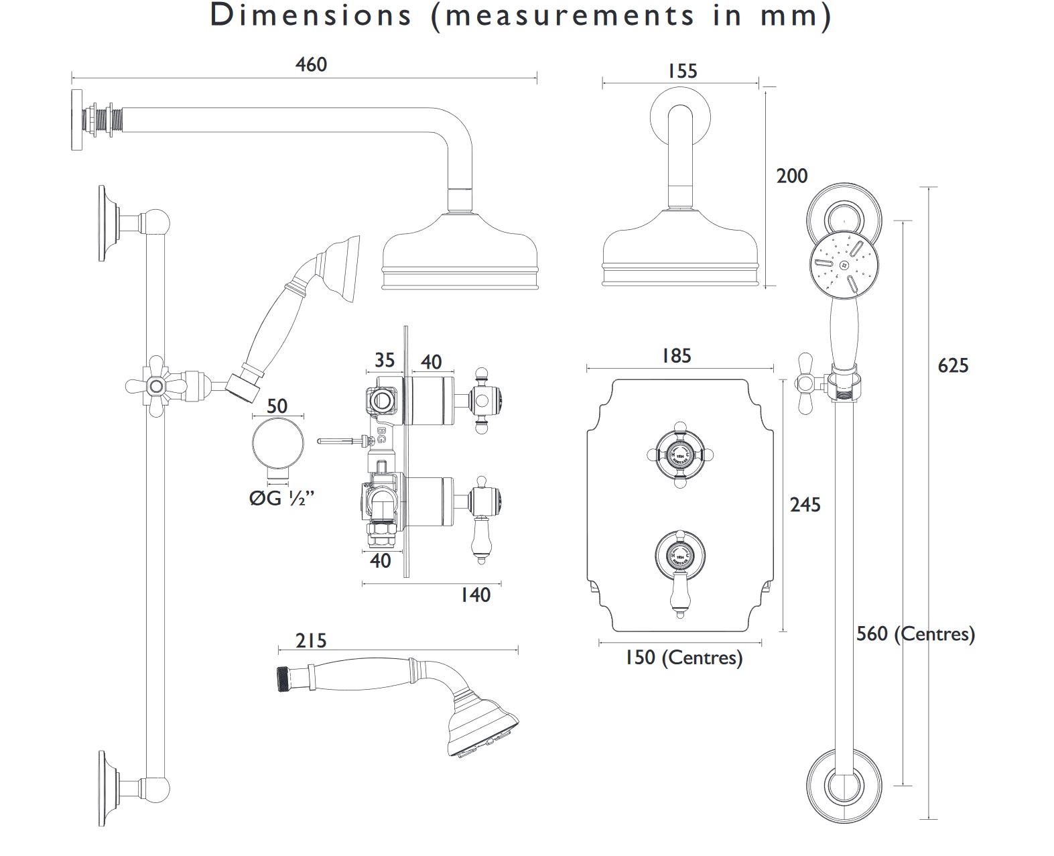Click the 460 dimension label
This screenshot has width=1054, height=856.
tap(311, 65)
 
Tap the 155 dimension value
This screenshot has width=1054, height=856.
tap(682, 71)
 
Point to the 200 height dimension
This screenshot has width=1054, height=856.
tap(792, 176)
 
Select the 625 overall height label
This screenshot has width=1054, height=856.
tap(953, 365)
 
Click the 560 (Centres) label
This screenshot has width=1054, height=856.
tap(915, 633)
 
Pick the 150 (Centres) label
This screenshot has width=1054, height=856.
tap(683, 658)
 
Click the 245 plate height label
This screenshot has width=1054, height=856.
tap(805, 505)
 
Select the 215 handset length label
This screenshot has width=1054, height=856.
tap(311, 641)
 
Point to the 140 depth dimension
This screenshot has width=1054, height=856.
tap(475, 595)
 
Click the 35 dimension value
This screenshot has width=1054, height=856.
tap(384, 361)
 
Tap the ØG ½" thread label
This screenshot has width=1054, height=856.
tap(282, 499)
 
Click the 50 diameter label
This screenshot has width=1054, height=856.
tap(277, 406)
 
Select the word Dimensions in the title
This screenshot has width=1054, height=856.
tap(310, 16)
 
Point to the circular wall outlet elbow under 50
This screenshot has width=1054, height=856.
tap(277, 444)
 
